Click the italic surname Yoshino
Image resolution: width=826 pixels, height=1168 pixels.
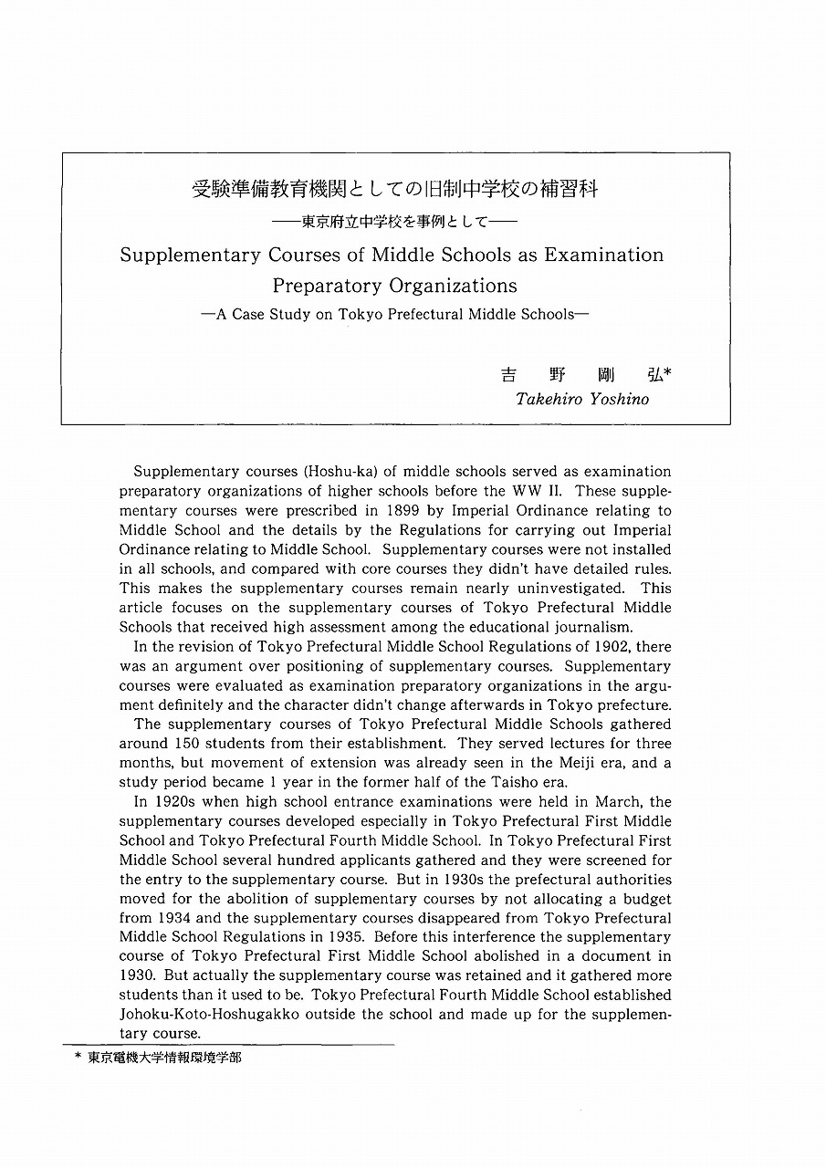tap(613, 399)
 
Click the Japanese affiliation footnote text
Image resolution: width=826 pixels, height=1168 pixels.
tap(165, 1058)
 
